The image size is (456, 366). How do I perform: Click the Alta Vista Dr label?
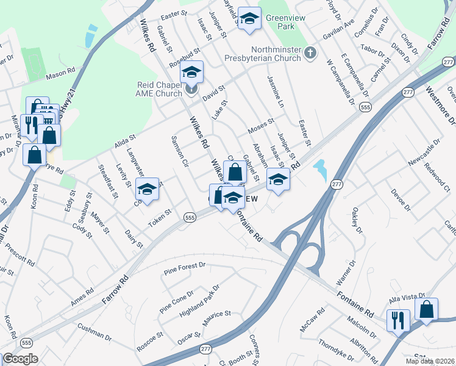(x=406, y=300)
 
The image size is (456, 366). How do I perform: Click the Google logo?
(x=20, y=359)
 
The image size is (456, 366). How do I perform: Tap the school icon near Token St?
(x=147, y=190)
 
